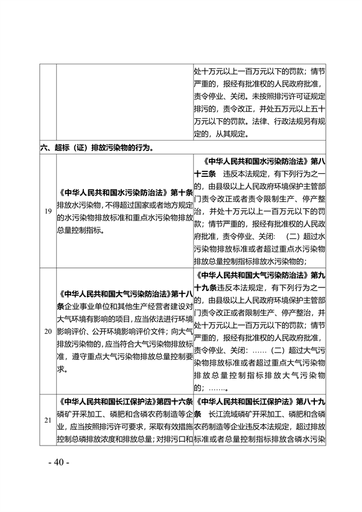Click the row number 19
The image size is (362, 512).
coord(47,212)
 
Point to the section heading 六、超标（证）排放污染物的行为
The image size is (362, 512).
coord(97,147)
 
